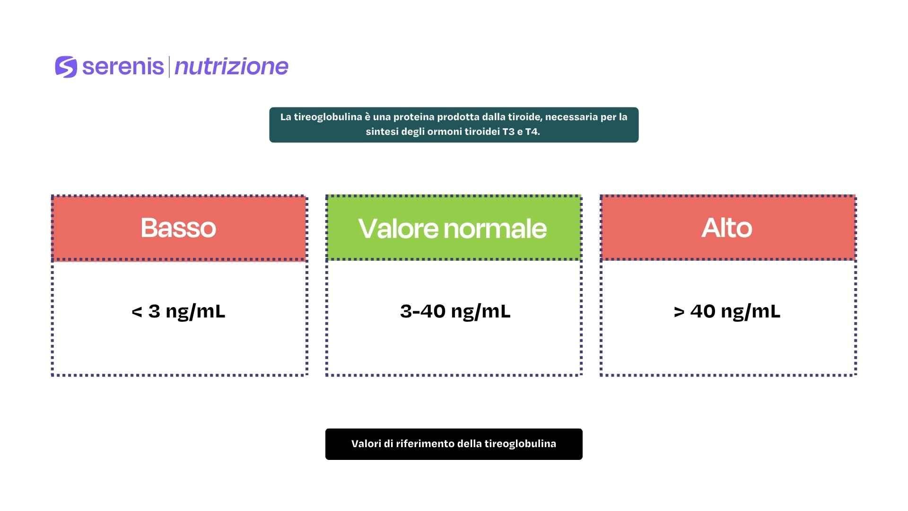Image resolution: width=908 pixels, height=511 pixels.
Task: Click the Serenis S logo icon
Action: [x=66, y=67]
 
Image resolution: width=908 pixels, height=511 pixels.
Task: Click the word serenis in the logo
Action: [x=123, y=67]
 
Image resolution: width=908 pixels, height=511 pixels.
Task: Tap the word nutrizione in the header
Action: [x=231, y=67]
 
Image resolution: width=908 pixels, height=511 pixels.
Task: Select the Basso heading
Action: [x=178, y=228]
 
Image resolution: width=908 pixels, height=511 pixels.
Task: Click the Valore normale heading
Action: [x=453, y=228]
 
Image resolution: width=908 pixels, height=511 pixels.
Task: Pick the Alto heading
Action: [x=727, y=228]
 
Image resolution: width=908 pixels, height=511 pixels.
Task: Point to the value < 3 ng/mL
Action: [x=178, y=311]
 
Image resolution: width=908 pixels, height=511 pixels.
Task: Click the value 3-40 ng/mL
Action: [x=455, y=311]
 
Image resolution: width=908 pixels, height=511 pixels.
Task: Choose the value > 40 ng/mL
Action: [x=727, y=311]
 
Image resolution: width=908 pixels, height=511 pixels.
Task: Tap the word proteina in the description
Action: [x=414, y=117]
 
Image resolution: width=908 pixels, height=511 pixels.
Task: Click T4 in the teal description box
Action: [x=533, y=132]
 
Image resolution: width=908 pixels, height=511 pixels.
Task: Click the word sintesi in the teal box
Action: [x=382, y=132]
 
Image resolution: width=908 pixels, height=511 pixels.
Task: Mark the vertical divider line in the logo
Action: [x=169, y=67]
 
